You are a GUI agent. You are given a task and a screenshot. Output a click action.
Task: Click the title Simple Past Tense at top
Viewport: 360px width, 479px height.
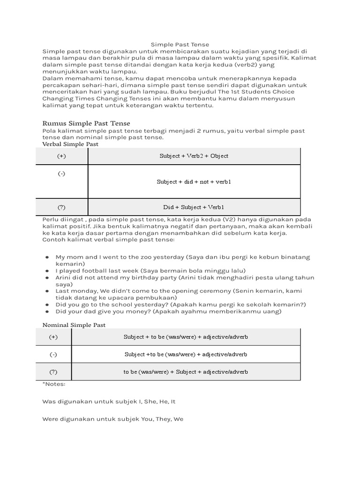pos(180,44)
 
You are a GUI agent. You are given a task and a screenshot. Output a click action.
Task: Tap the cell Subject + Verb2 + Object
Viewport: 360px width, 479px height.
pos(194,156)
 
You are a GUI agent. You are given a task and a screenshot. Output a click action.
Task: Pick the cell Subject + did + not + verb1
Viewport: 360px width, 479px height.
pos(194,181)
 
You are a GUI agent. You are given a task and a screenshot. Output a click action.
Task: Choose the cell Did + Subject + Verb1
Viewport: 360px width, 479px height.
pos(194,207)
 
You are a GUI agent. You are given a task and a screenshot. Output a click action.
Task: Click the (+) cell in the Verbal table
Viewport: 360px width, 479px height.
pos(62,156)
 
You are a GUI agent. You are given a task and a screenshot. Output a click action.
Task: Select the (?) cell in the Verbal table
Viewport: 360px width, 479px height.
pos(62,207)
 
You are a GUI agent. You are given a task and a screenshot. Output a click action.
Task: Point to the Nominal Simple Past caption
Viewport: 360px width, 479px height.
pos(74,325)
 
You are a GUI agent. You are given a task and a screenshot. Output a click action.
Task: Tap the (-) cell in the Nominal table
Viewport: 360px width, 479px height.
pos(53,355)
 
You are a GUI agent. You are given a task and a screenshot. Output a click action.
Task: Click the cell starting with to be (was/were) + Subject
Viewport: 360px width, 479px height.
pos(186,372)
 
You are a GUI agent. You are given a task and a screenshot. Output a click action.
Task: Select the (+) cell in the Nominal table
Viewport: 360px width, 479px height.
pos(53,337)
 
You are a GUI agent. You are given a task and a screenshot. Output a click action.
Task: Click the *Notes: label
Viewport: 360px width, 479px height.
pos(53,384)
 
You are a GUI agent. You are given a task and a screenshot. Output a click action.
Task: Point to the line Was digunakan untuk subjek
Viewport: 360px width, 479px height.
pos(109,401)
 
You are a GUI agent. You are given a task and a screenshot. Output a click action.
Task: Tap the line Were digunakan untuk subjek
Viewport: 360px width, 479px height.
pos(112,419)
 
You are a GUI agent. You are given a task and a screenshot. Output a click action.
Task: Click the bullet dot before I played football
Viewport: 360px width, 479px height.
pos(47,271)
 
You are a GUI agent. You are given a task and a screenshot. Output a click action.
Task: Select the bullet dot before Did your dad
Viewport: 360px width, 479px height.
pos(47,312)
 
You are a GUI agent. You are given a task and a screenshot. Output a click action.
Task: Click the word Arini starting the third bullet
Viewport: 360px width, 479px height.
pos(64,277)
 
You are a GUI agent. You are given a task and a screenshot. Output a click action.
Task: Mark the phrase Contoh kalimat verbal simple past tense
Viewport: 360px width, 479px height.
pos(108,239)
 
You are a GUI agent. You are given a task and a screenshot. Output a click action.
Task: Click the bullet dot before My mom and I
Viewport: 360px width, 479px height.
pos(47,257)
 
